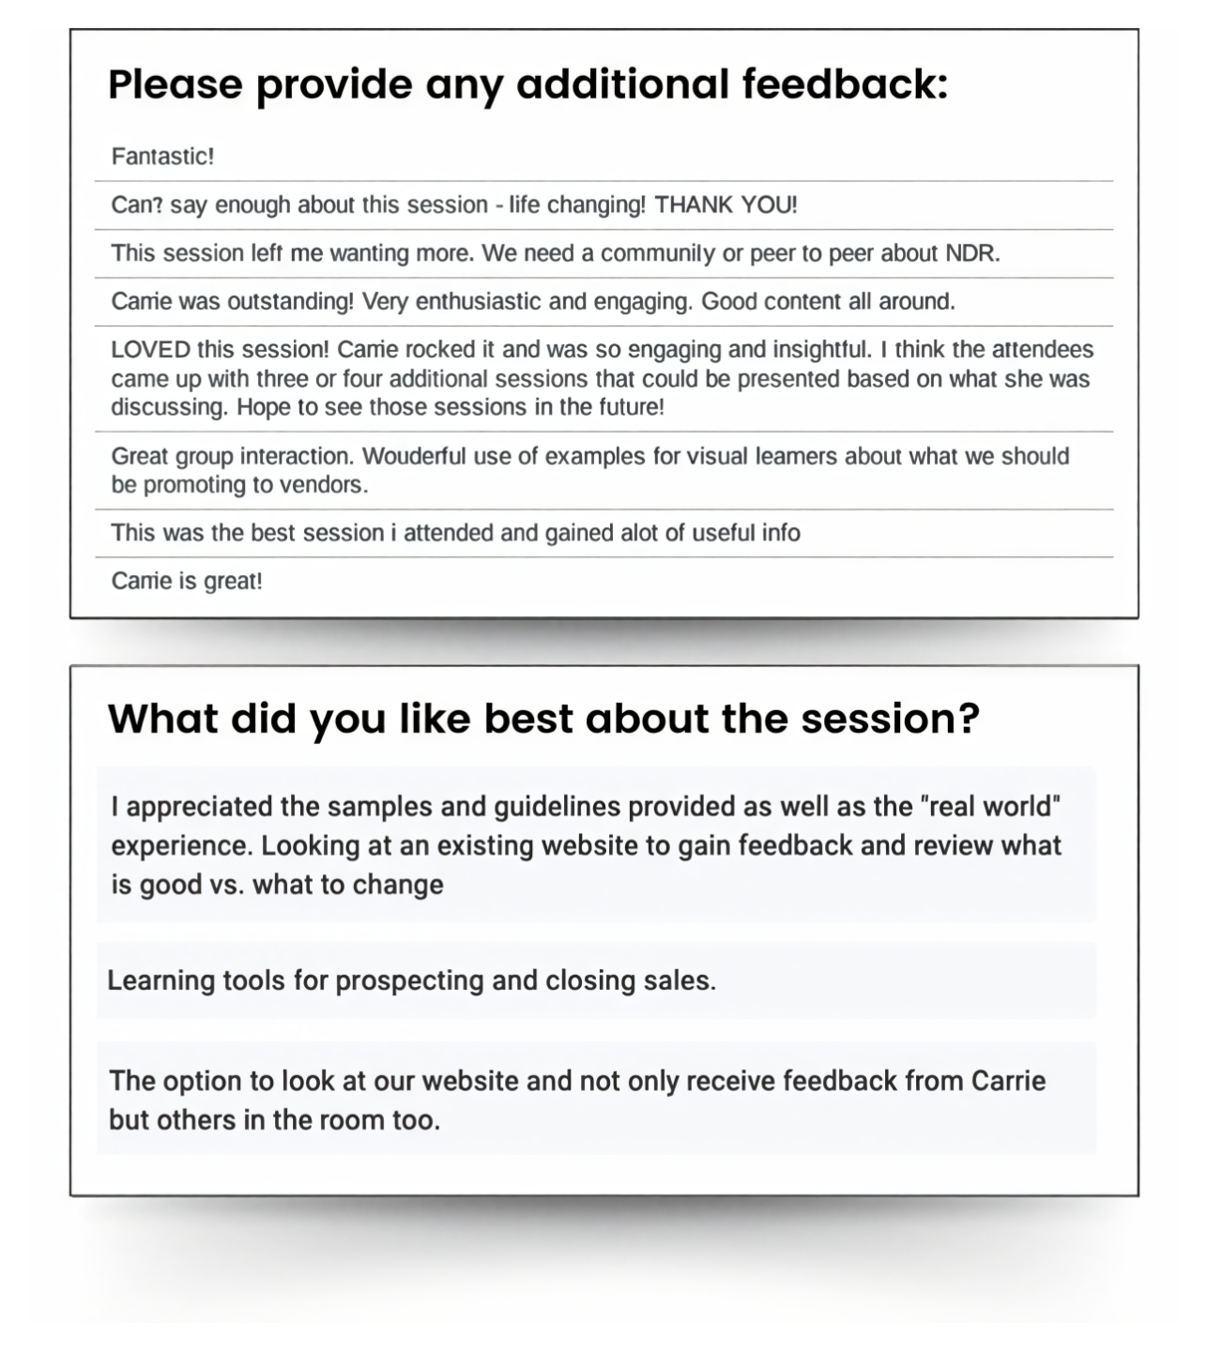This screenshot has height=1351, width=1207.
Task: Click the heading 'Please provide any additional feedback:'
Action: point(527,84)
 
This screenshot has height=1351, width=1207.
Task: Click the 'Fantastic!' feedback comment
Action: point(162,157)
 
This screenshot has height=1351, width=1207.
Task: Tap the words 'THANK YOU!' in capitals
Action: point(726,205)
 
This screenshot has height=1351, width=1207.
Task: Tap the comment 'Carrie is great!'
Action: point(187,582)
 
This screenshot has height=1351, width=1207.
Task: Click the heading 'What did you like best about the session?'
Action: point(543,719)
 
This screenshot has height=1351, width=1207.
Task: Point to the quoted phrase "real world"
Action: point(990,806)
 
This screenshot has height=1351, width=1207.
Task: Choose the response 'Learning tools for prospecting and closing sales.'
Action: point(411,980)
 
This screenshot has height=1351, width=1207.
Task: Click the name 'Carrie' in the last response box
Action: point(1007,1081)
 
